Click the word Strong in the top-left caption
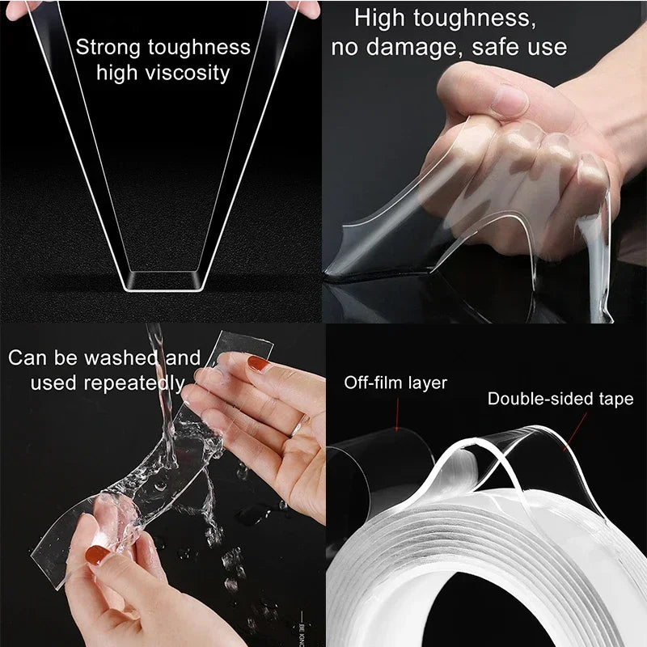(108, 47)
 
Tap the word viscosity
(185, 73)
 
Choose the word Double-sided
(537, 399)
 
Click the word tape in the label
(616, 399)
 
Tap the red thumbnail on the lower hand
(96, 555)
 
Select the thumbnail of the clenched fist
(508, 101)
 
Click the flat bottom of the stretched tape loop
(161, 282)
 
